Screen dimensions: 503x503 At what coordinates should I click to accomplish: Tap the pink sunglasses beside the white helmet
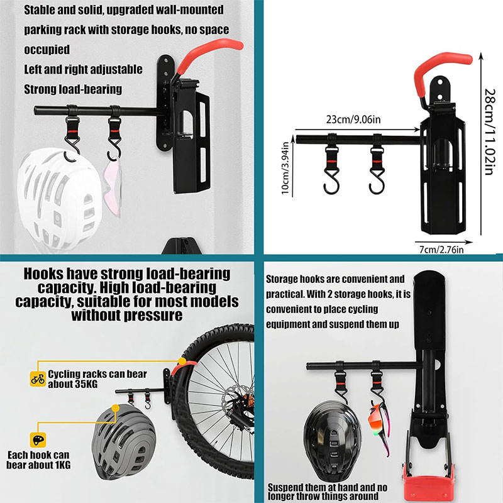point(113,187)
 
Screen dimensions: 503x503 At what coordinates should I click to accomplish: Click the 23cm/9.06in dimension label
point(353,119)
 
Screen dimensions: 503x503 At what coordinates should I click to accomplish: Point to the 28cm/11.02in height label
point(489,131)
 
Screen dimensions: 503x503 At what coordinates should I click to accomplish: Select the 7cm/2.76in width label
point(441,250)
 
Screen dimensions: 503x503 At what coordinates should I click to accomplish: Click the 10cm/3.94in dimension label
point(285,168)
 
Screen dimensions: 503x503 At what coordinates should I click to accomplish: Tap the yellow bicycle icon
point(38,379)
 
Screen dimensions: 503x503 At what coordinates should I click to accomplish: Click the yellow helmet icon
point(38,439)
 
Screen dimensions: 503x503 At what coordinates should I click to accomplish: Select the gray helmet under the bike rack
point(123,442)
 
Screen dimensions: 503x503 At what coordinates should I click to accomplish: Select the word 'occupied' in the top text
point(47,50)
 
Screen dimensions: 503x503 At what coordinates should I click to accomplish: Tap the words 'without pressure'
point(127,315)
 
